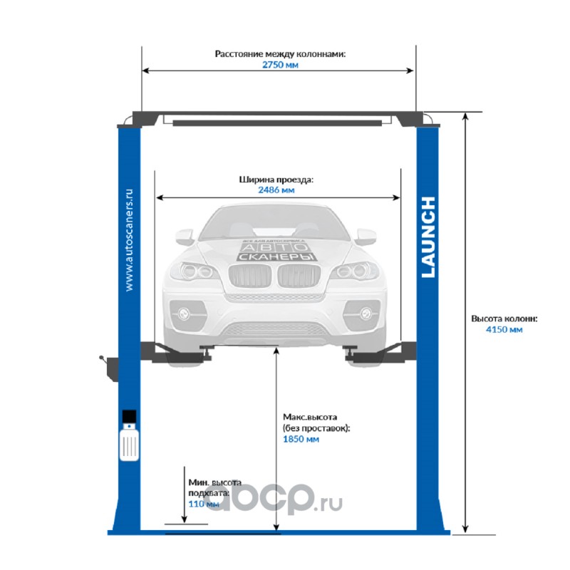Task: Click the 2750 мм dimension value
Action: pyautogui.click(x=279, y=65)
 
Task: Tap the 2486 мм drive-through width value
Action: pyautogui.click(x=276, y=191)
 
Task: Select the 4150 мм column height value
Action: pyautogui.click(x=504, y=330)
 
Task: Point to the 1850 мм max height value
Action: pyautogui.click(x=300, y=440)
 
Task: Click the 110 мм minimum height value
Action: pyautogui.click(x=204, y=504)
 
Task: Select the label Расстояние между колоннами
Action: pyautogui.click(x=280, y=53)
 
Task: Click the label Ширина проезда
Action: pyautogui.click(x=276, y=180)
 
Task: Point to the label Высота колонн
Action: pyautogui.click(x=504, y=318)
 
